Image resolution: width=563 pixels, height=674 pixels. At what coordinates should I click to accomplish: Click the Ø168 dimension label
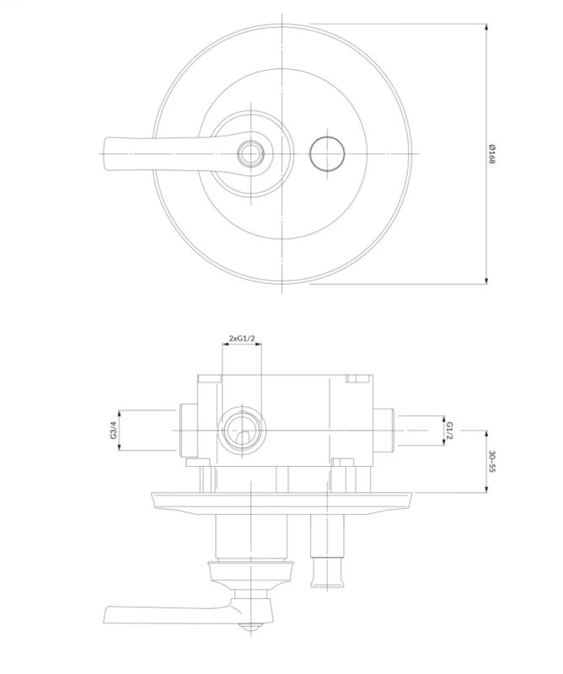click(x=492, y=154)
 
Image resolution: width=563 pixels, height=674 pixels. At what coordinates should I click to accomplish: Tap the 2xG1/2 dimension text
click(x=242, y=339)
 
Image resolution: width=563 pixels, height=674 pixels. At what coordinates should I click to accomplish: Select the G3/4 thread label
click(x=114, y=430)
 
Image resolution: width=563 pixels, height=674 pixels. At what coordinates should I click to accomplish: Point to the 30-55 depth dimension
click(x=492, y=461)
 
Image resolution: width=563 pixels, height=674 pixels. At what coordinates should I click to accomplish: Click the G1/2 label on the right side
click(x=449, y=431)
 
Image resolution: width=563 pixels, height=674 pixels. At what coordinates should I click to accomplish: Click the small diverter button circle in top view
click(x=327, y=153)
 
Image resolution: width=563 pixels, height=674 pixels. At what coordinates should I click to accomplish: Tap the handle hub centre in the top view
click(x=251, y=153)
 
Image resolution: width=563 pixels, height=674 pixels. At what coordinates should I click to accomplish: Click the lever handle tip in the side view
click(x=106, y=615)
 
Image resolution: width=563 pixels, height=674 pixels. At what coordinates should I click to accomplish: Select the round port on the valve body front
click(x=242, y=431)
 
